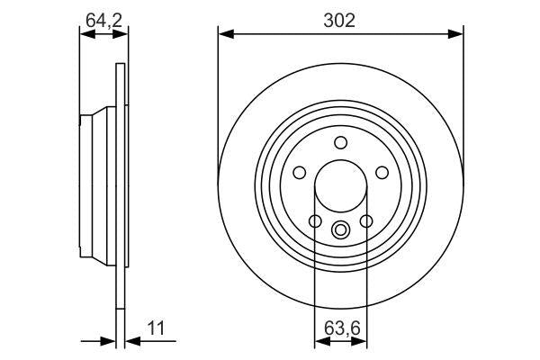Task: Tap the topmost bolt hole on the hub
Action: (x=340, y=142)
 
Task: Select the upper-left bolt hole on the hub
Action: (x=299, y=173)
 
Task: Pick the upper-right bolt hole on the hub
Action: (x=382, y=173)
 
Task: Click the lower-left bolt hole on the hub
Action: (x=315, y=221)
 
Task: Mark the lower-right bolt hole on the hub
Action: (x=366, y=221)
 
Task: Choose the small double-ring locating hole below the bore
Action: (x=340, y=229)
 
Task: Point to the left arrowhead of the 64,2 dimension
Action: (x=85, y=34)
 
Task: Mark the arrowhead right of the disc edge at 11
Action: (x=130, y=340)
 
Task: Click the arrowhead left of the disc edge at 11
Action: (x=110, y=340)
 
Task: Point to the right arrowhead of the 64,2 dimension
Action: (x=121, y=34)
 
